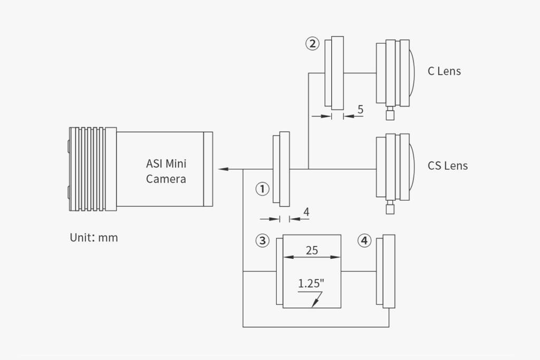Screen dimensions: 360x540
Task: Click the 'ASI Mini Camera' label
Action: coord(166,171)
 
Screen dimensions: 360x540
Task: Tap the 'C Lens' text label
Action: coord(444,71)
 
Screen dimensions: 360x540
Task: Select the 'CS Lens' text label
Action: coord(447,166)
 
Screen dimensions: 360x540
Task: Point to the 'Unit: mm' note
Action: coord(94,238)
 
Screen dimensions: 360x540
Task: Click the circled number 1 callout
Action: coord(262,189)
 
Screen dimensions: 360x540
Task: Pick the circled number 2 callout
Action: coord(312,43)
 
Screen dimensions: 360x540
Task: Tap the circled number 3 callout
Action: coord(262,241)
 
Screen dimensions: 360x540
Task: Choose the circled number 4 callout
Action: coord(364,241)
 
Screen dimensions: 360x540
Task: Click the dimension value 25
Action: coord(312,250)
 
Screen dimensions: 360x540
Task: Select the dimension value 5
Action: coord(360,110)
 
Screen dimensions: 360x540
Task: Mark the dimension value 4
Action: coord(306,212)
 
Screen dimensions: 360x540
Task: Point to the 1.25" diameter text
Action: coord(311,284)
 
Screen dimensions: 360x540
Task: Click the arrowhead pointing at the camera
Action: coord(223,169)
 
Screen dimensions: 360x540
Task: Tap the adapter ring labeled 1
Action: coord(281,169)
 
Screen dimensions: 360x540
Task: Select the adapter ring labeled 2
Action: coord(334,73)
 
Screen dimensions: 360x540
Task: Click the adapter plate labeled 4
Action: coord(389,270)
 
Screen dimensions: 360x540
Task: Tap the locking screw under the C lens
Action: coord(390,114)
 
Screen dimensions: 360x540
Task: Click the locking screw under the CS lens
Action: coord(390,208)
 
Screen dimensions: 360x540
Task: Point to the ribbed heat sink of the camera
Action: coord(90,169)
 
